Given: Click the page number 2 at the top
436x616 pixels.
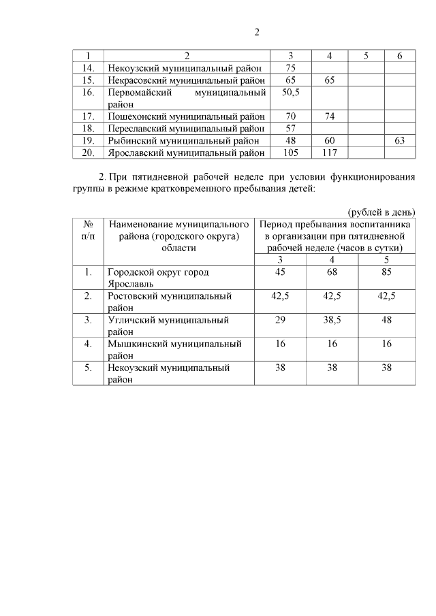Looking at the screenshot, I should pos(257,32).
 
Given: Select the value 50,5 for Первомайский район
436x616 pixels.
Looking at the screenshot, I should pos(291,91).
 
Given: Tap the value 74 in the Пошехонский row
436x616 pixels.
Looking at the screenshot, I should pos(329,116).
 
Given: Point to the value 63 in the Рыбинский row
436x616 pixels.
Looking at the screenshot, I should pos(400,140).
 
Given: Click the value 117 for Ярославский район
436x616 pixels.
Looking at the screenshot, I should pos(329,152).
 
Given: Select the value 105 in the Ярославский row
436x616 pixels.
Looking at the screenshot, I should pos(291,152).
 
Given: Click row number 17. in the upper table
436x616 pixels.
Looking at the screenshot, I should pos(87,116).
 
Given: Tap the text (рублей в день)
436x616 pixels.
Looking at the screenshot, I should pos(381,212).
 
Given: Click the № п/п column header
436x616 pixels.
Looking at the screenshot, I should pos(87,229).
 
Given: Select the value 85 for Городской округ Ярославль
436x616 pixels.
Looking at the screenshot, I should pos(386,272).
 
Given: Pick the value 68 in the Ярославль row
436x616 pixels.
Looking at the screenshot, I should pos(332,272).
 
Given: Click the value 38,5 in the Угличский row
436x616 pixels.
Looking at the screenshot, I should pos(332,319).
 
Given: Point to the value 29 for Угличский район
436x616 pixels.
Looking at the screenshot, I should pos(280,319).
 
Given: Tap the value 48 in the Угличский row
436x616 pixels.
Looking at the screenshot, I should pos(386,319).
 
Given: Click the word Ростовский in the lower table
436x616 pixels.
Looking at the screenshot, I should pos(132,296).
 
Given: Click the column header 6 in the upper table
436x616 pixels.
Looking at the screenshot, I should pos(400,55).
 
